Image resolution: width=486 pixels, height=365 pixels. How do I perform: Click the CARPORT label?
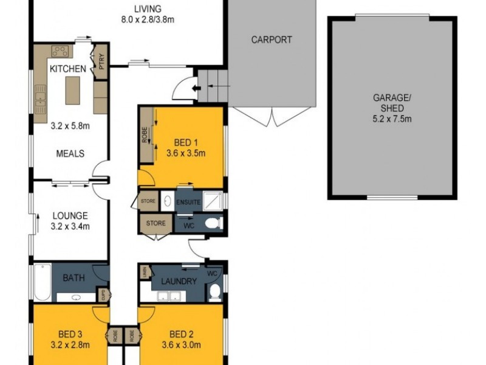click(x=272, y=40)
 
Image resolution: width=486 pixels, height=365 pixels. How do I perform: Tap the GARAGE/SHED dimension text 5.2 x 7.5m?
click(x=392, y=119)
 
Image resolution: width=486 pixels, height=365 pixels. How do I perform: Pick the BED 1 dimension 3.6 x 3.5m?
click(x=185, y=153)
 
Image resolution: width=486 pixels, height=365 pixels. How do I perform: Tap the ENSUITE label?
click(x=189, y=202)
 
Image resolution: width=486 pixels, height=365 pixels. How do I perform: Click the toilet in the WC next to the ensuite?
click(x=213, y=224)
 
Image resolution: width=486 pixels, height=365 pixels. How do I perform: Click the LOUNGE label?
click(x=70, y=215)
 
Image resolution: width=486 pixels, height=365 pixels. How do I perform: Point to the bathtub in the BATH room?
click(x=41, y=282)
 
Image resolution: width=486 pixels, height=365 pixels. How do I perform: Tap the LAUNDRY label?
click(x=179, y=281)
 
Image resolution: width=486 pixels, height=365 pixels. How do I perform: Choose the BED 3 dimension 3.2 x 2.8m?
click(x=70, y=345)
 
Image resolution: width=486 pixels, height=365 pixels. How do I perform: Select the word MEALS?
click(x=70, y=153)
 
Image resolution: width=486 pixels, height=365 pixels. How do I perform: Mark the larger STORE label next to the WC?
click(x=156, y=223)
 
